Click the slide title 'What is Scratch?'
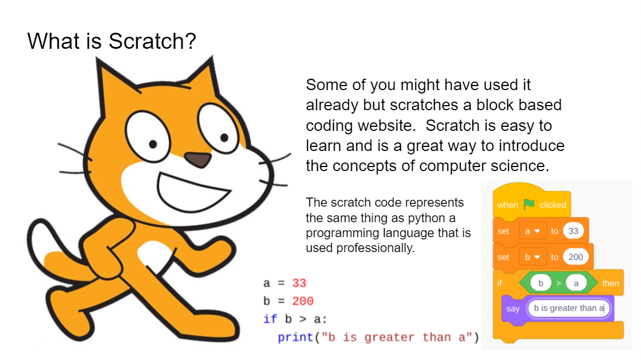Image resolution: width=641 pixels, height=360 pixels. click(x=112, y=41)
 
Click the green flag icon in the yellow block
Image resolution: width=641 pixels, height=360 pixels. click(x=529, y=204)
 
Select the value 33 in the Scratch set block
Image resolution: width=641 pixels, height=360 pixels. click(x=573, y=231)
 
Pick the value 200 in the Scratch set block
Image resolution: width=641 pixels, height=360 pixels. click(x=576, y=257)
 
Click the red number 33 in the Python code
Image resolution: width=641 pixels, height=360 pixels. click(x=299, y=283)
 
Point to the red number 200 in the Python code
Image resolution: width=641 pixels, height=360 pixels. click(x=302, y=301)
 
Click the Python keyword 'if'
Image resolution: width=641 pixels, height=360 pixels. click(x=270, y=319)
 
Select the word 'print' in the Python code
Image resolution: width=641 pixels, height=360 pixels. click(x=295, y=337)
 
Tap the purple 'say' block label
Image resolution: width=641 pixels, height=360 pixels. click(x=512, y=309)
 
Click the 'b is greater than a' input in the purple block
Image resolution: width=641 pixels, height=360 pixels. click(x=569, y=308)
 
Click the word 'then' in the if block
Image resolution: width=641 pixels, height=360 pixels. click(x=610, y=283)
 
